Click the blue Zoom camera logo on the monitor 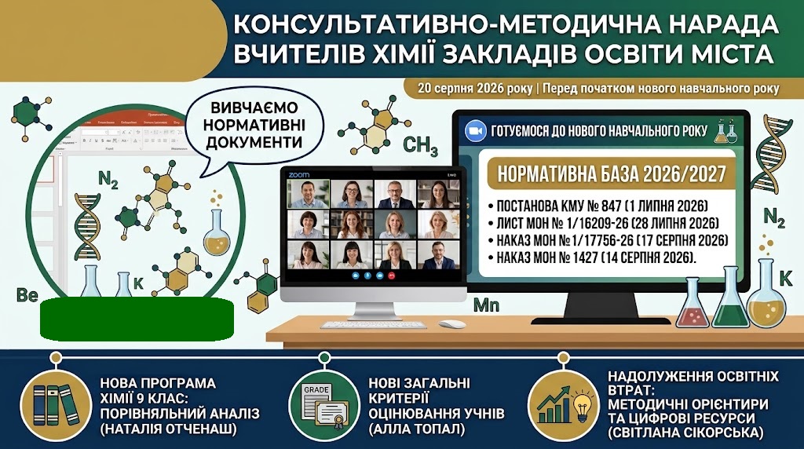[x=475, y=131]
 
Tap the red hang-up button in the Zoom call [x=393, y=276]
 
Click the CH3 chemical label [x=421, y=146]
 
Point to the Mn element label [x=486, y=305]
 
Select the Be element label [x=27, y=295]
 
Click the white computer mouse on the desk [x=452, y=324]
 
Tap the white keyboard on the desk [x=373, y=325]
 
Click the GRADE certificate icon [x=324, y=405]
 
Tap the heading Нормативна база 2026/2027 [x=612, y=173]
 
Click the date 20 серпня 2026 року [x=475, y=89]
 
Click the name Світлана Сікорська [x=685, y=433]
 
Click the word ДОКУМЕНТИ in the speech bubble [x=254, y=142]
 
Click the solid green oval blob [x=137, y=319]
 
